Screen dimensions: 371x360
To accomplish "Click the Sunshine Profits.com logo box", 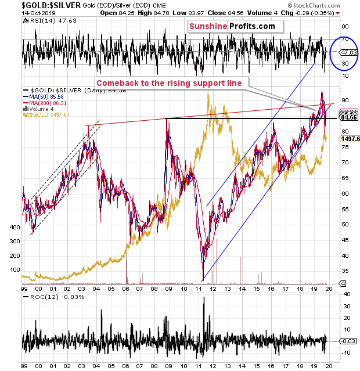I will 235,26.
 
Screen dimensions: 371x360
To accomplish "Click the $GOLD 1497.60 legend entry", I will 46,114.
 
